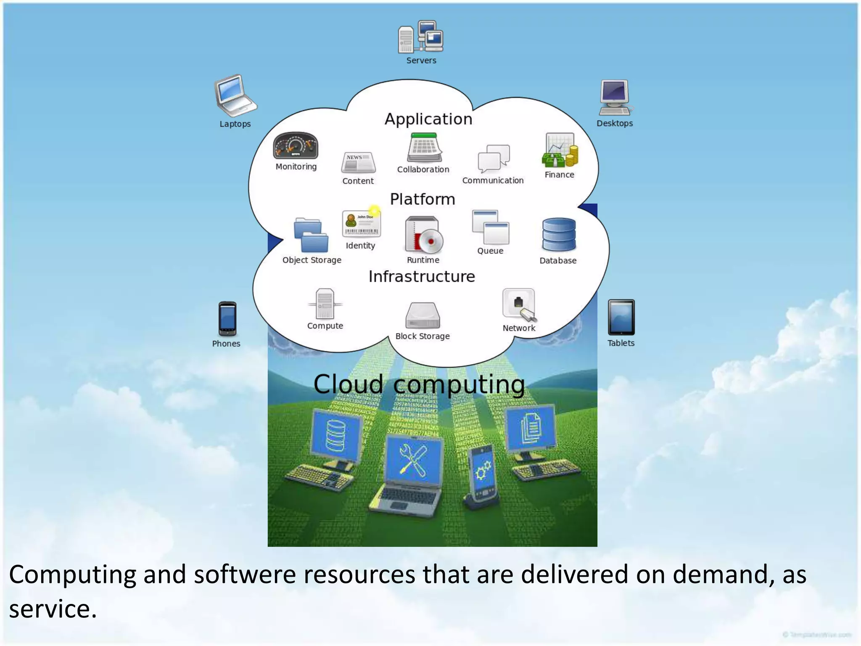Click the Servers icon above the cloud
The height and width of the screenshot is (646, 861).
[420, 37]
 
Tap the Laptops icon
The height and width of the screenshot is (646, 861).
[235, 96]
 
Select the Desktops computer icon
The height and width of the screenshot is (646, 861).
[615, 97]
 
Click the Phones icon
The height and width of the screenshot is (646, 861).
[227, 318]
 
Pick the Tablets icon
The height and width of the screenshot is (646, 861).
[621, 317]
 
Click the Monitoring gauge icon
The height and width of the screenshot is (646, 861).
[296, 146]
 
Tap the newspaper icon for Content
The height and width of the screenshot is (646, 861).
[358, 163]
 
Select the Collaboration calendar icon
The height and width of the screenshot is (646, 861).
[424, 148]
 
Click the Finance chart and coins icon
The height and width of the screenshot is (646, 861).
[560, 151]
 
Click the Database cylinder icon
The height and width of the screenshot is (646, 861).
[559, 235]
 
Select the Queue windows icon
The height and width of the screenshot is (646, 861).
[490, 227]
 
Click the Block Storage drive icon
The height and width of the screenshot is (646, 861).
[423, 315]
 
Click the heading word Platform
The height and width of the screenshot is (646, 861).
[423, 199]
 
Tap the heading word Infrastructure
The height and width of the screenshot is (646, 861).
[422, 276]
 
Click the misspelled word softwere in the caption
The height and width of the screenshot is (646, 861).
[245, 575]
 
